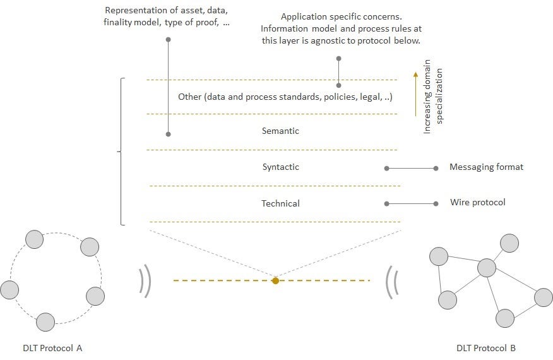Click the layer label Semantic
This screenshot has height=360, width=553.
[x=280, y=131]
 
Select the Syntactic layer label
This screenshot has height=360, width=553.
[x=280, y=167]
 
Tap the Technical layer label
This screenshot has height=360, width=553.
[x=280, y=203]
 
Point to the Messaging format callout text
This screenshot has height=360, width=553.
[x=486, y=167]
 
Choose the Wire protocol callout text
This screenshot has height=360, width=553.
[x=477, y=203]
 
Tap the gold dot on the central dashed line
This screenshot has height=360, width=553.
[x=275, y=280]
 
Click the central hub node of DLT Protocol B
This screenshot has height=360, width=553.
[x=487, y=268]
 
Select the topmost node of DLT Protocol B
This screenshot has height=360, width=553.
[x=509, y=243]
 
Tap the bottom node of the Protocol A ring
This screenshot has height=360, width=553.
[x=45, y=322]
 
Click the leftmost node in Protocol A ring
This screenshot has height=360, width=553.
[x=9, y=290]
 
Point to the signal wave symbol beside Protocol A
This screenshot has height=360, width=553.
[x=145, y=280]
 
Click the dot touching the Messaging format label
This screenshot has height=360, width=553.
[x=436, y=168]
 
